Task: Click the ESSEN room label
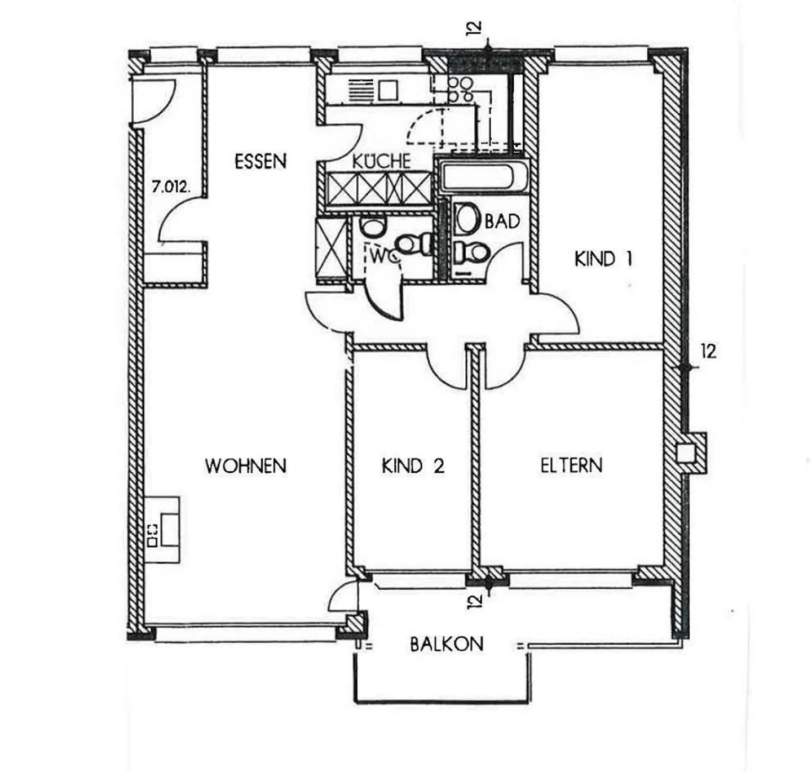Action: (x=260, y=161)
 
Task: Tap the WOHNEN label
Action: (x=246, y=466)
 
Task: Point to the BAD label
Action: (x=502, y=221)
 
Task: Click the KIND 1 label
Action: (x=603, y=259)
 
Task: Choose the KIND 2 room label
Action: (x=413, y=466)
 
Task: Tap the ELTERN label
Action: (x=572, y=465)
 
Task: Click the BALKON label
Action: (x=447, y=644)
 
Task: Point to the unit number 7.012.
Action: (x=171, y=188)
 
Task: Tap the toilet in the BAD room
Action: (x=471, y=252)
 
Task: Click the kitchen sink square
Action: (x=389, y=90)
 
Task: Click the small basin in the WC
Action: (x=373, y=228)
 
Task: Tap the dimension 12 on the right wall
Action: (x=709, y=352)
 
